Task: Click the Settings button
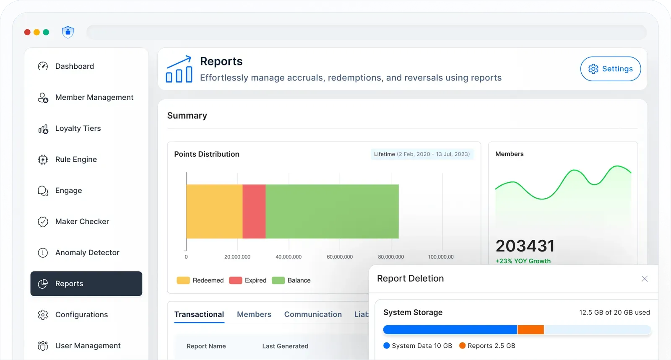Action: pyautogui.click(x=610, y=69)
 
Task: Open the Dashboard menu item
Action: pyautogui.click(x=74, y=66)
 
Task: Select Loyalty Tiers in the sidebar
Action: pyautogui.click(x=78, y=128)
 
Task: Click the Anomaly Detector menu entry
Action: pyautogui.click(x=87, y=253)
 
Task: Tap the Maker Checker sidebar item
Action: pyautogui.click(x=82, y=222)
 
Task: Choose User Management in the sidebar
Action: pyautogui.click(x=88, y=346)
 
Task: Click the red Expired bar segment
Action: pyautogui.click(x=254, y=211)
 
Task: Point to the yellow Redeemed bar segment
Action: pyautogui.click(x=214, y=211)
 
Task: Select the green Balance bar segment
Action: pyautogui.click(x=332, y=211)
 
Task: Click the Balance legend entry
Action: pyautogui.click(x=291, y=280)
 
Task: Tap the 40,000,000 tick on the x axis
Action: pyautogui.click(x=289, y=257)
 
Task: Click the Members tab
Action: pyautogui.click(x=254, y=314)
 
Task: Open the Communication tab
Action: pyautogui.click(x=313, y=314)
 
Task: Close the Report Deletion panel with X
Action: pyautogui.click(x=645, y=279)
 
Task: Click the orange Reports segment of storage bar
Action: pyautogui.click(x=531, y=330)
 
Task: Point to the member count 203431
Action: pyautogui.click(x=525, y=246)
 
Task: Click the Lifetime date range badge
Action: pyautogui.click(x=421, y=154)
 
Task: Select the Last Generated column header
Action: pyautogui.click(x=285, y=346)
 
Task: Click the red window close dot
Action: pyautogui.click(x=27, y=32)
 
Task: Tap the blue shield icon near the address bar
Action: pyautogui.click(x=68, y=32)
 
